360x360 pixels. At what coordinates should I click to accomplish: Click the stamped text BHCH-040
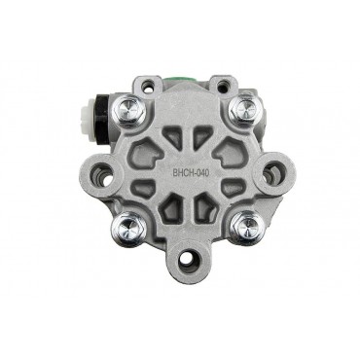pos(191,173)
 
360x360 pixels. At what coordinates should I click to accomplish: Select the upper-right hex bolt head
pos(244,108)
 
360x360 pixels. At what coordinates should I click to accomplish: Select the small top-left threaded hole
pos(148,86)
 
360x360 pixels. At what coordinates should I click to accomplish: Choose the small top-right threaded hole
pos(223,87)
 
